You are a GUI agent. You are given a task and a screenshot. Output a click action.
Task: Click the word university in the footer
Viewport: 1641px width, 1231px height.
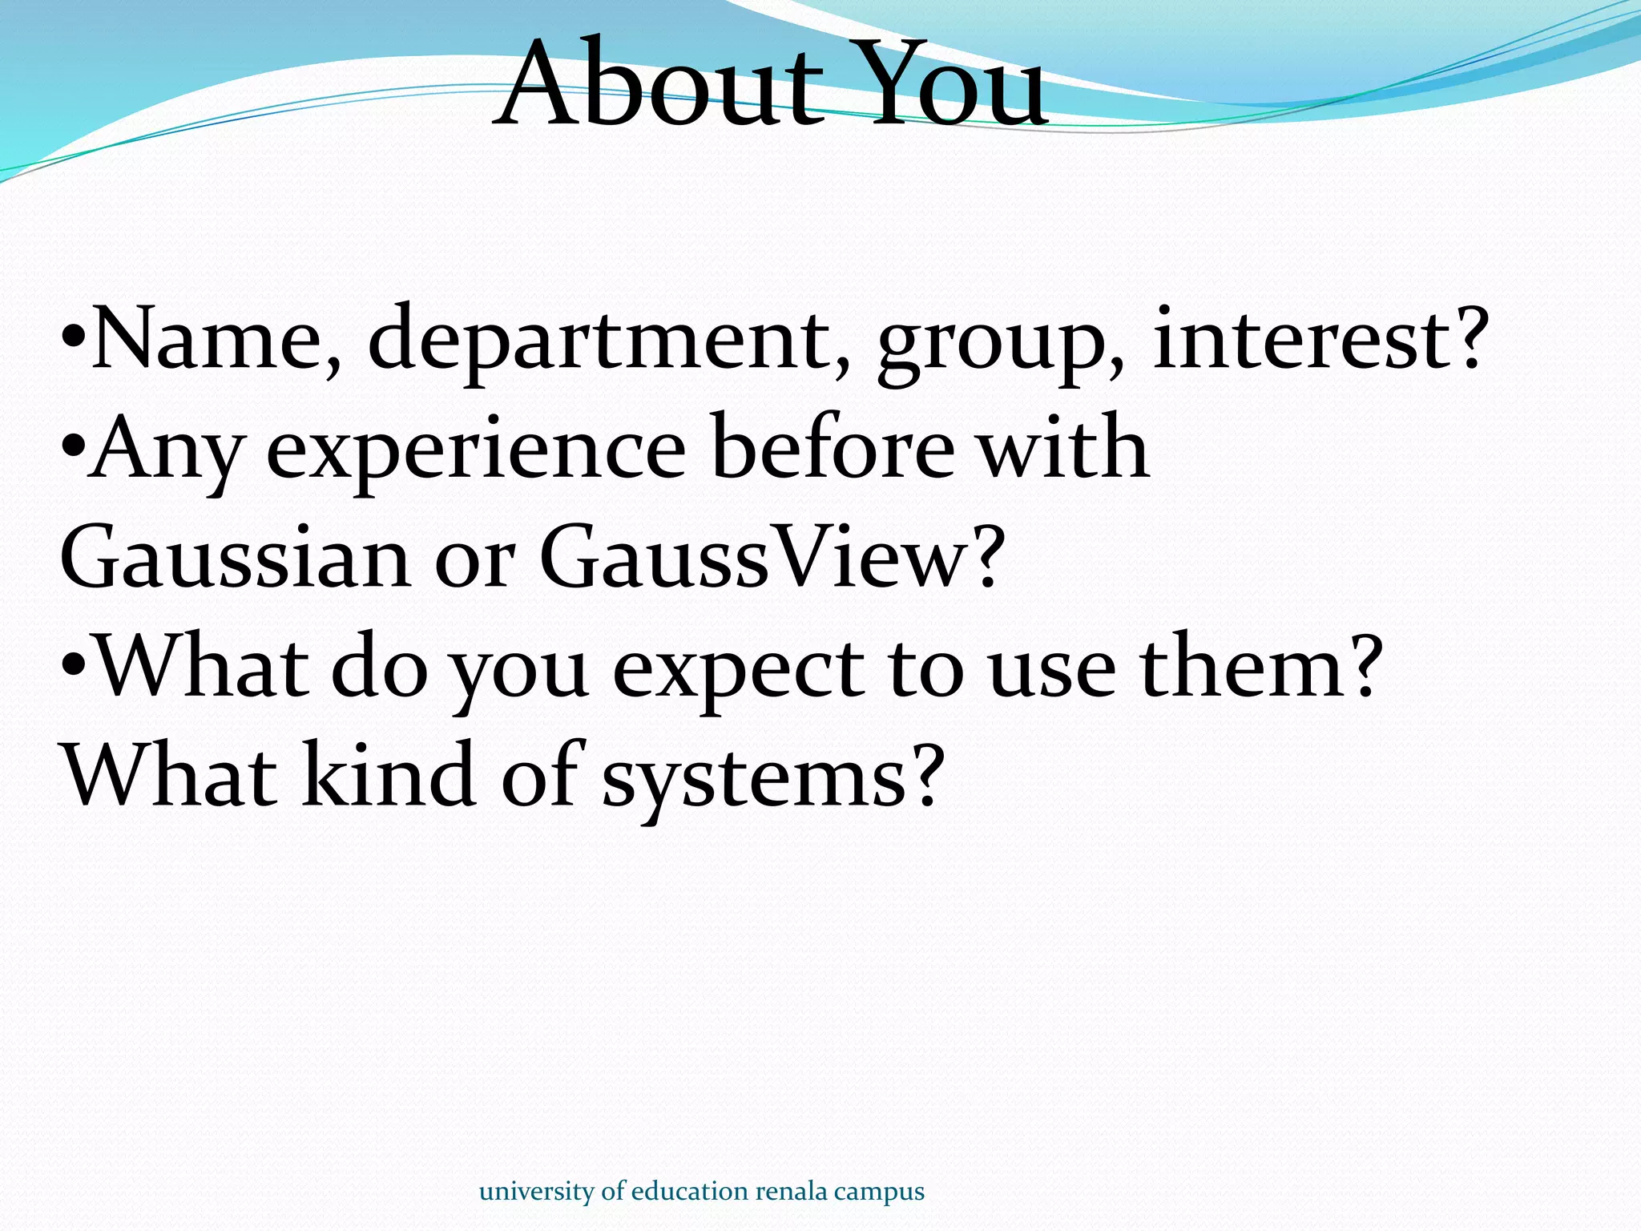click(537, 1192)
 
